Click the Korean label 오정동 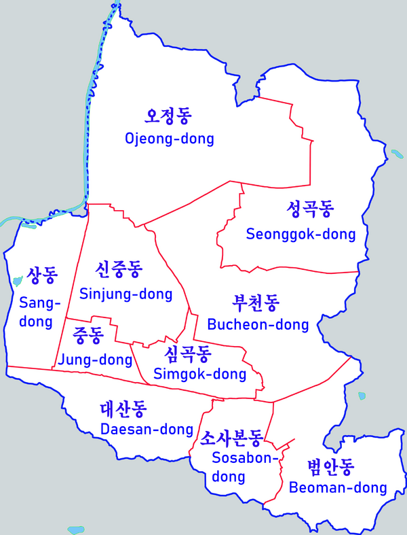(x=169, y=117)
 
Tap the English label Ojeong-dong (x=169, y=139)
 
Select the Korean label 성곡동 (x=310, y=209)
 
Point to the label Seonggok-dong (x=301, y=235)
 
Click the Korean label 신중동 (x=119, y=270)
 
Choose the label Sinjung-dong (x=125, y=294)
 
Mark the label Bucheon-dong (x=258, y=324)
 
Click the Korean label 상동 (x=42, y=275)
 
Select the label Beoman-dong (x=338, y=487)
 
